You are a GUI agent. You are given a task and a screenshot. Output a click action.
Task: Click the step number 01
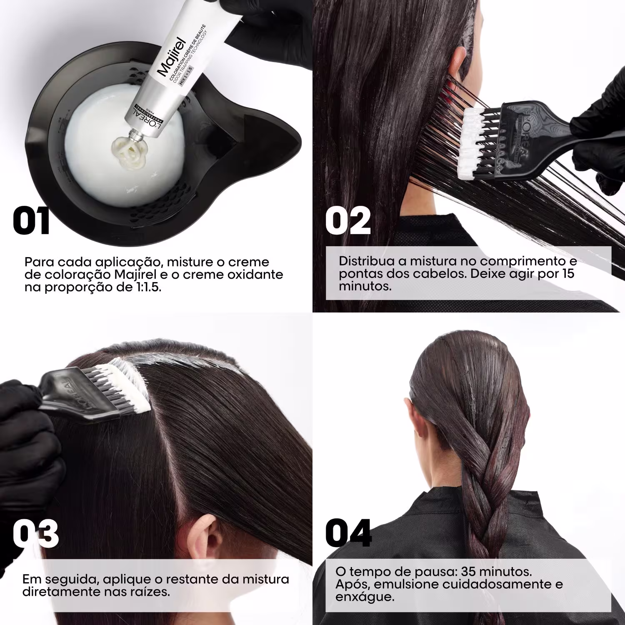click(31, 221)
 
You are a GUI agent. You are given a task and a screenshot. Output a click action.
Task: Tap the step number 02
click(347, 221)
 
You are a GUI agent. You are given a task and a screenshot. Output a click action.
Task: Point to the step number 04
click(348, 533)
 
